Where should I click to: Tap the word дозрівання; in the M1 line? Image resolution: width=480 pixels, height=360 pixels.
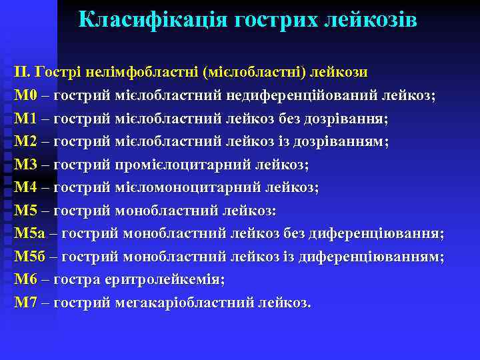[x=347, y=119]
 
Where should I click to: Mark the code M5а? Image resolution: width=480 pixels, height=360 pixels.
[x=29, y=233]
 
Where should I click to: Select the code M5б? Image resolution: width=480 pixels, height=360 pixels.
[x=30, y=257]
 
